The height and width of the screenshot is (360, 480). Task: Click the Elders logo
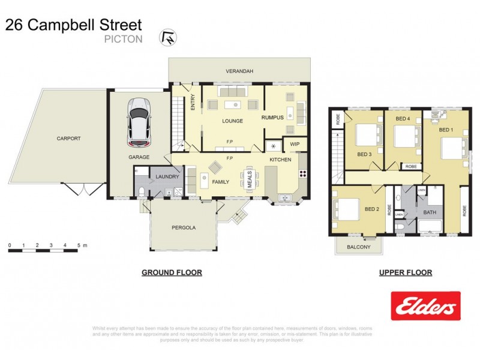(x=425, y=306)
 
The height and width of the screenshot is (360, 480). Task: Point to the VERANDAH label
(x=239, y=71)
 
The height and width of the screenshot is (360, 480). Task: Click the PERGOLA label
(x=184, y=228)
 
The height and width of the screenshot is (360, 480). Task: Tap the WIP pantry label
(x=295, y=145)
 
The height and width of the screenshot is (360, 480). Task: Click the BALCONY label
(x=359, y=247)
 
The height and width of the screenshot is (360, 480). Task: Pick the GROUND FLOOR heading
(x=172, y=272)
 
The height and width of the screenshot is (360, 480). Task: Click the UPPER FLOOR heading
(x=405, y=272)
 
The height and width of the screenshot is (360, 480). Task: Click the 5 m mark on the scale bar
(x=79, y=246)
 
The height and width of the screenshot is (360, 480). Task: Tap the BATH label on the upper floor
(x=430, y=212)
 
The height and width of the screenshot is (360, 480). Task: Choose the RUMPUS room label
(x=272, y=118)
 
